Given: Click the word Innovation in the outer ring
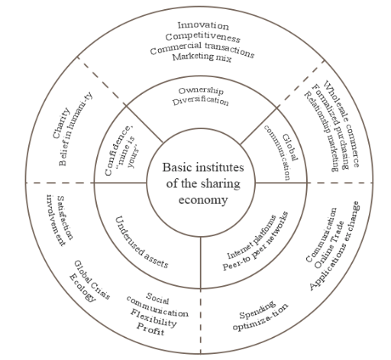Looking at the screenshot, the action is pos(203,25).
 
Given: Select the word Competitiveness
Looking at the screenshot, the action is pos(202,37).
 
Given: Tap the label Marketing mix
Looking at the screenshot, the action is pos(202,57).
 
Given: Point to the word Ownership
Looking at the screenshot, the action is pos(201,91).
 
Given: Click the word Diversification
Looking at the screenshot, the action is pos(201,101).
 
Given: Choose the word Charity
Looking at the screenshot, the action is pos(61,123).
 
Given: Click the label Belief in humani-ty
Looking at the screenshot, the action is pos(76,129).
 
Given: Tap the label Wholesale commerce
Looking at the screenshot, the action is pos(342,124).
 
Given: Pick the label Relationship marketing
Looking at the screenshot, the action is pos(322,131).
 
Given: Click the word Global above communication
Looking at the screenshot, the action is pos(290,148).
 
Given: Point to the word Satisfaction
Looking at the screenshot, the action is pos(65,218).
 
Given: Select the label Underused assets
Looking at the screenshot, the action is pos(141,242).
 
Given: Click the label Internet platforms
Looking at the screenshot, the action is pos(251,237).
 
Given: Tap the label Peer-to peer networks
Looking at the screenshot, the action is pos(255,241).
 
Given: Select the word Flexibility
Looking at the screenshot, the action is pos(153,318).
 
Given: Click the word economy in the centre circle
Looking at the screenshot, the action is pos(203,199).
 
